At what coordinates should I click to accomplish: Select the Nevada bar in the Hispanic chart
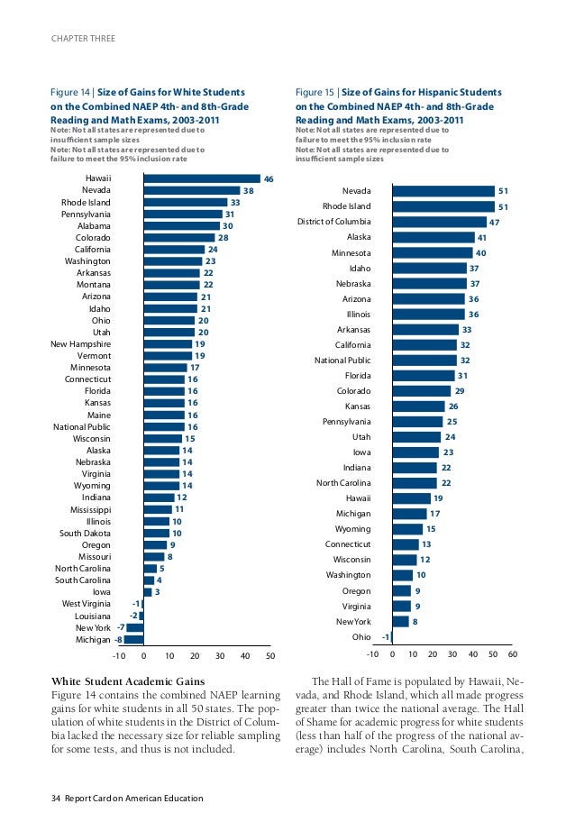point(443,191)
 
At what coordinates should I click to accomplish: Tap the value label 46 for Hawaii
point(269,179)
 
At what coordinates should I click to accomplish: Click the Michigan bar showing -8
point(134,639)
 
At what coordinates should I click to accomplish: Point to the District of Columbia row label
point(333,222)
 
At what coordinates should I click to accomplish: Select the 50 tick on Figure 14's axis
point(269,656)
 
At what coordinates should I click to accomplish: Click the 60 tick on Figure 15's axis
point(512,655)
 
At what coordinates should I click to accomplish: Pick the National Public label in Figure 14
point(82,426)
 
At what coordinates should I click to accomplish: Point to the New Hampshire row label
point(80,343)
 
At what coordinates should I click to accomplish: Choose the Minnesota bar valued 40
point(432,253)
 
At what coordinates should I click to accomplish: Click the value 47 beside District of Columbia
point(494,223)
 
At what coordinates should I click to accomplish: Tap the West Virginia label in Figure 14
point(87,603)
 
